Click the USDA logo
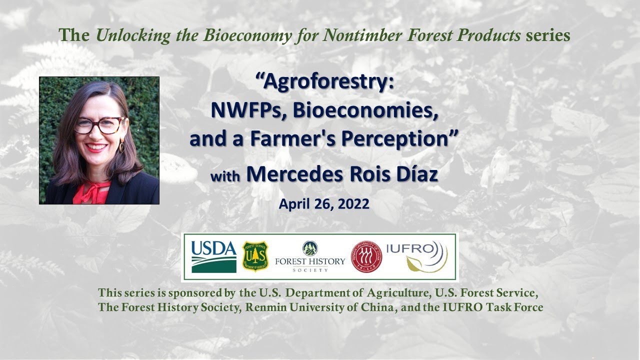(213, 257)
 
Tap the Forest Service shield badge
(255, 256)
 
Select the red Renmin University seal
(366, 256)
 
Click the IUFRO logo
(417, 256)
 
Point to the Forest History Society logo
(310, 256)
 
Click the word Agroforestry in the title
(325, 82)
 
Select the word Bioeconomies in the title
(365, 110)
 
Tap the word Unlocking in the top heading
(133, 35)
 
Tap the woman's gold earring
(121, 146)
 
